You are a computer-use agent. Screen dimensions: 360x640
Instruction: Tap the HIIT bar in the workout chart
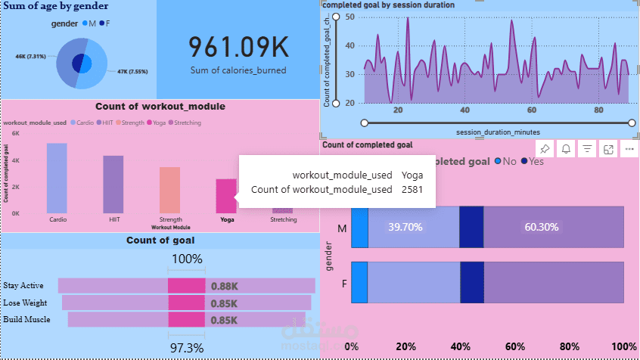113,184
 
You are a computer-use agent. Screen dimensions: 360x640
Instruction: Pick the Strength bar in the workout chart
169,190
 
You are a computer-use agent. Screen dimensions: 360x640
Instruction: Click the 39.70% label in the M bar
405,226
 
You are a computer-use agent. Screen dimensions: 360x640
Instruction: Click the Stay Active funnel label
23,286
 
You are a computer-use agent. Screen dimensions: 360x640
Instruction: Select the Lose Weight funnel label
24,303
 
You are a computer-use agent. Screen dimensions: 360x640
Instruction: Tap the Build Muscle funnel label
26,319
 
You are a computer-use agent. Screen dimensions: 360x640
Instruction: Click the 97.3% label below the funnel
186,347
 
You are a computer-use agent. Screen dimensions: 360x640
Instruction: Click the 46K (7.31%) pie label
32,57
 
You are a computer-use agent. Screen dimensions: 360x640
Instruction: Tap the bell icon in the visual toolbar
566,149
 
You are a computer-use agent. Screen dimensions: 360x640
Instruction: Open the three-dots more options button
629,149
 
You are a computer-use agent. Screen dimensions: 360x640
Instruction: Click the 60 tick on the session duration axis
532,110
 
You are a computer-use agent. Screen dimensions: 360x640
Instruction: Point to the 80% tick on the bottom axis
569,346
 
